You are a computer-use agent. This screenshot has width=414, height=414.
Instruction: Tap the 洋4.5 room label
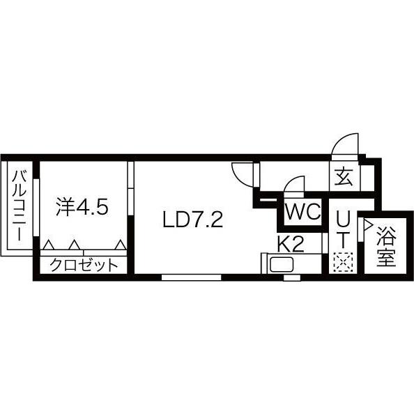click(x=82, y=207)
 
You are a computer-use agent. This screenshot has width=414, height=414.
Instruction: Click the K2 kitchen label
click(x=291, y=244)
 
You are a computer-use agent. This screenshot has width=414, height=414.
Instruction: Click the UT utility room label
click(x=343, y=230)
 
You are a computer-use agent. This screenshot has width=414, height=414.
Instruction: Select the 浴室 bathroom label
click(x=385, y=245)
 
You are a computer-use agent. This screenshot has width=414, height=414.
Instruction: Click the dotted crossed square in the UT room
click(x=343, y=263)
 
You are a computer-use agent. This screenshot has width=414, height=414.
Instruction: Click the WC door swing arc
click(x=294, y=187)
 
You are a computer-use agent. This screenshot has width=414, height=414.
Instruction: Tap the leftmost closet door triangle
click(x=48, y=245)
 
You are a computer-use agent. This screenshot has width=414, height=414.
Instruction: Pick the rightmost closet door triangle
click(x=121, y=245)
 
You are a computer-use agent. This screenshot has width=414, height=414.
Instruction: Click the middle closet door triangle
click(x=73, y=245)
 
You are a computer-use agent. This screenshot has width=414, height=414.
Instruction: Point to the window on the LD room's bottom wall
click(x=191, y=277)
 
